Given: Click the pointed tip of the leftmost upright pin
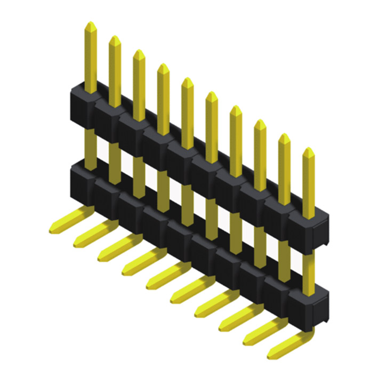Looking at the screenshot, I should (x=91, y=25).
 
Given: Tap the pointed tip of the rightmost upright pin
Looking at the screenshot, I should (x=308, y=150).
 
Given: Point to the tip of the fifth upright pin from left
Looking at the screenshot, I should (x=187, y=81).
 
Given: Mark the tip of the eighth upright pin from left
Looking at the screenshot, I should (x=260, y=123).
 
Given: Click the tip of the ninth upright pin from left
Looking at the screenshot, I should (x=284, y=136).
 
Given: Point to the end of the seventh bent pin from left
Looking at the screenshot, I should (x=198, y=312).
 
